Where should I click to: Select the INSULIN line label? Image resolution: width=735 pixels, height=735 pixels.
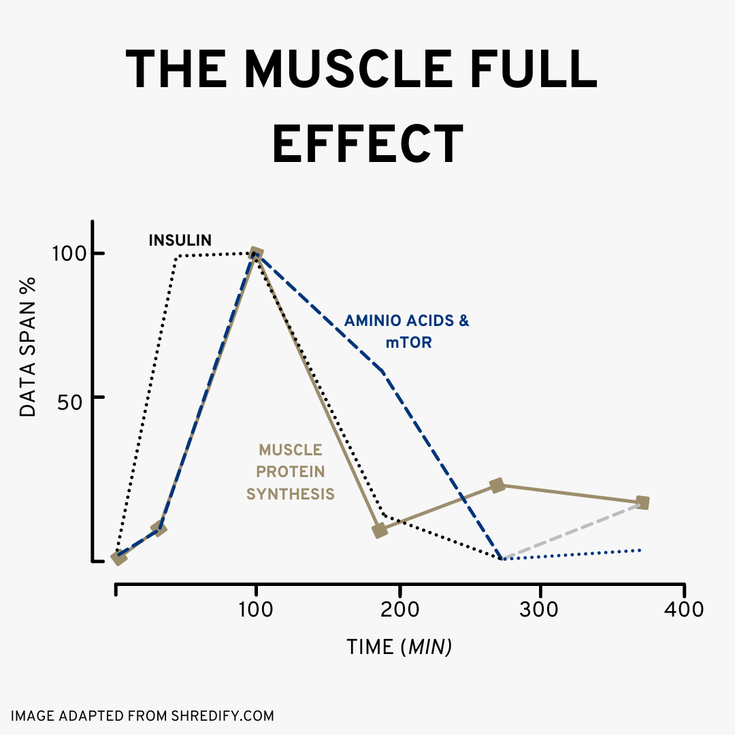[x=180, y=240]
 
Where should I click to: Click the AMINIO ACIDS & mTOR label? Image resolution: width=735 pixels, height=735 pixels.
[x=407, y=331]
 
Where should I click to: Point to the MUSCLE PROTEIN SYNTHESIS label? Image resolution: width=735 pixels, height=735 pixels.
[x=291, y=472]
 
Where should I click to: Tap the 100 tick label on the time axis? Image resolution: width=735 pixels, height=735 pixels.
[x=256, y=609]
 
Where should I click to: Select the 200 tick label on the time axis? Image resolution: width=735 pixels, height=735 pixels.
[x=399, y=609]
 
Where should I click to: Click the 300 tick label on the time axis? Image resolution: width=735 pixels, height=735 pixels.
[x=540, y=609]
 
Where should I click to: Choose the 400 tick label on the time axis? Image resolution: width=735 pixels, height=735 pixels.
[x=683, y=609]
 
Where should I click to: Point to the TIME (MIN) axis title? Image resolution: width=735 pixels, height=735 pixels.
[x=399, y=647]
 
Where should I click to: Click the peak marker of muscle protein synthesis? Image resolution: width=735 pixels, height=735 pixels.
[x=256, y=255]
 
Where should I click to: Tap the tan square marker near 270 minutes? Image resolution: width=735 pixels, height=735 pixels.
[x=497, y=485]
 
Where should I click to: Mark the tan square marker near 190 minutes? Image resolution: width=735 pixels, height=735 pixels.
[x=380, y=530]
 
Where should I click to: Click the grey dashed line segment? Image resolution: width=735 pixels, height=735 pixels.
[x=572, y=531]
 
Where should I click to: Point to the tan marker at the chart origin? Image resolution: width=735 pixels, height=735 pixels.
[x=119, y=558]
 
